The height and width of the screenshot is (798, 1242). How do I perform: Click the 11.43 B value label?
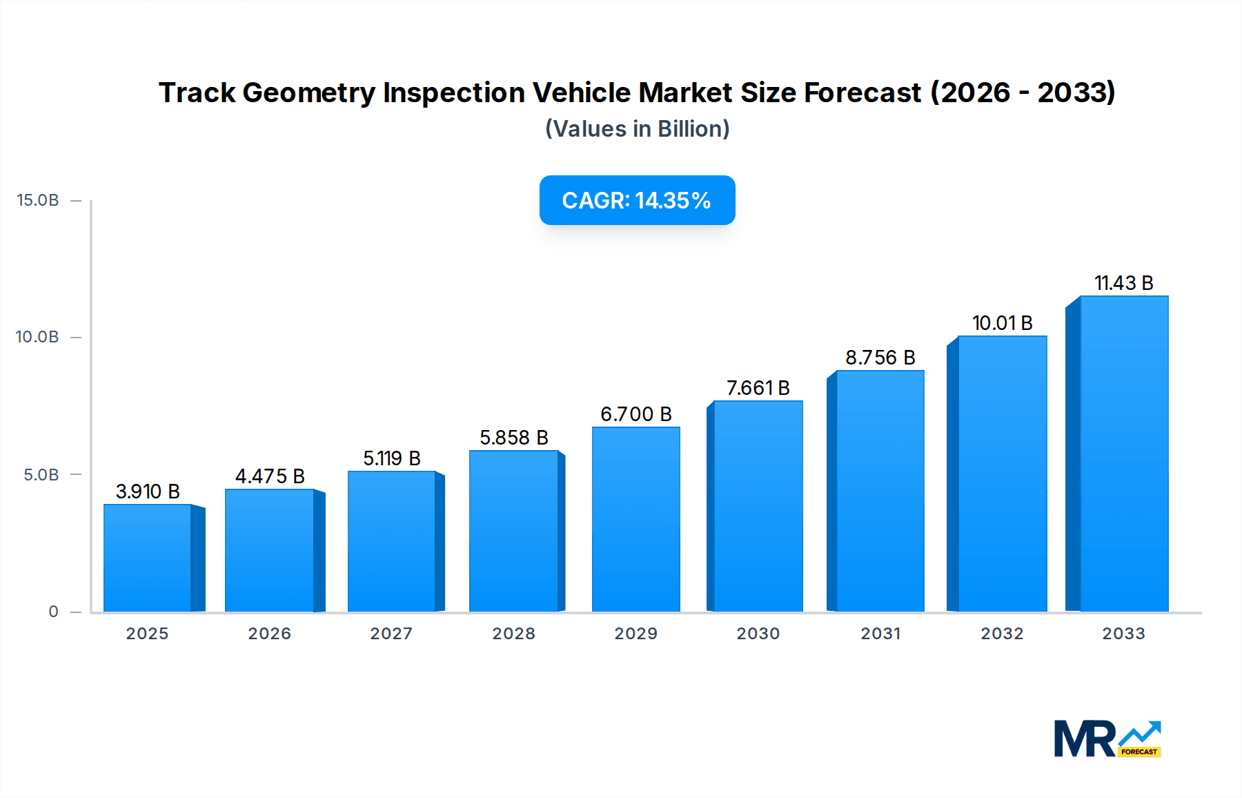[x=1123, y=283]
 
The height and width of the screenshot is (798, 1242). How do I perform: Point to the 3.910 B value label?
[x=148, y=492]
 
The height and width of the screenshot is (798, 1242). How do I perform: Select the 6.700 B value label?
[x=635, y=414]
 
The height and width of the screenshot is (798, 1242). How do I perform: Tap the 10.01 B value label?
[x=1002, y=323]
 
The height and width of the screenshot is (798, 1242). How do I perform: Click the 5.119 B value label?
[x=391, y=458]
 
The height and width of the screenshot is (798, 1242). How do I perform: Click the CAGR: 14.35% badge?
[x=637, y=200]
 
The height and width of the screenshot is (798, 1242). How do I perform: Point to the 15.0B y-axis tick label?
[x=38, y=200]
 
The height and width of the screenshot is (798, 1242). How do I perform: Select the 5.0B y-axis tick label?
[x=41, y=475]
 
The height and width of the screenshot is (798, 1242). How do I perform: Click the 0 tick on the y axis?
[x=54, y=612]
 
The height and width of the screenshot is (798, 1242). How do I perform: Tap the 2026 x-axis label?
[x=269, y=634]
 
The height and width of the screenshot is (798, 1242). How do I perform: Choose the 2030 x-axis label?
[x=758, y=634]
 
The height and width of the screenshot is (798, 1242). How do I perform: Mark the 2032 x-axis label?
[x=1002, y=634]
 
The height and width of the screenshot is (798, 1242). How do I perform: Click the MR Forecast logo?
[x=1107, y=739]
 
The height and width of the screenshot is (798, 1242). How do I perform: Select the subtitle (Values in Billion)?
[x=637, y=129]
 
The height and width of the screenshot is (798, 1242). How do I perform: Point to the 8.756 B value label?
[x=880, y=358]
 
